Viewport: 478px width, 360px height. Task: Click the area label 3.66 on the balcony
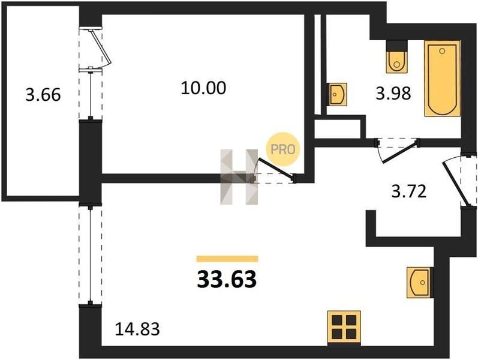[x=43, y=94]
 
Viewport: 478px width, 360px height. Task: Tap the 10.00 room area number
[x=203, y=88]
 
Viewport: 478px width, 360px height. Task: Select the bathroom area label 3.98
[x=393, y=94]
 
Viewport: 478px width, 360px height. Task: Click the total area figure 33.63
[x=227, y=279]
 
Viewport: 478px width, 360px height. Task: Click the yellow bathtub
[x=442, y=78]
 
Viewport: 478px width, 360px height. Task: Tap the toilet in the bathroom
[x=395, y=58]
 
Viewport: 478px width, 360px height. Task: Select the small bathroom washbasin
[x=336, y=94]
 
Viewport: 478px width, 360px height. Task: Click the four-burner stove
[x=344, y=328]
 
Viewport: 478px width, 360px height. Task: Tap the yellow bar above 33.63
[x=227, y=259]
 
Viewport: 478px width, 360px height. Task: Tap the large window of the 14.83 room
[x=91, y=255]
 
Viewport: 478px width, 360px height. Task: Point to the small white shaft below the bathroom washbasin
[x=339, y=128]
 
